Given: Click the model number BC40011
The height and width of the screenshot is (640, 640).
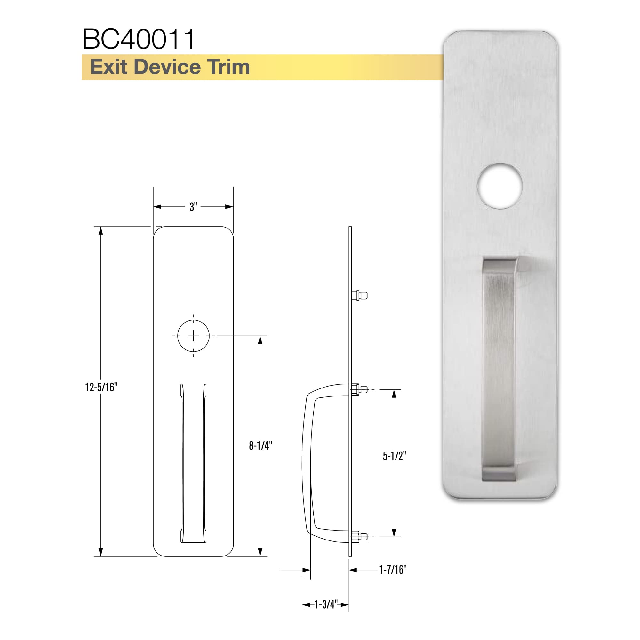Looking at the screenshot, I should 139,39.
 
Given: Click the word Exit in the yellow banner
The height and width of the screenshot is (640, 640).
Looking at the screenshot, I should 109,67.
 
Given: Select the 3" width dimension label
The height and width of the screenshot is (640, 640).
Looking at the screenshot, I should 193,207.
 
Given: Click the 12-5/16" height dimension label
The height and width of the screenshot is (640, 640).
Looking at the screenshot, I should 101,387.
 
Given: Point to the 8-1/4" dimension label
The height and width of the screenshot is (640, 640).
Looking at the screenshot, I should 261,445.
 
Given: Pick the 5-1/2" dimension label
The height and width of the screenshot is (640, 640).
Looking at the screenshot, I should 394,456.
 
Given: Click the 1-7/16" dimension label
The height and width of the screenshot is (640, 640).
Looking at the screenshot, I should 393,570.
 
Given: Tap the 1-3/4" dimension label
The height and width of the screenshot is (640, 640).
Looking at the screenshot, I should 326,604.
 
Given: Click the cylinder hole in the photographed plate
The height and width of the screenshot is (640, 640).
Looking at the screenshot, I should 500,186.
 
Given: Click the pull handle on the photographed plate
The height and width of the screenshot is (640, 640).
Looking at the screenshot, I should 499,368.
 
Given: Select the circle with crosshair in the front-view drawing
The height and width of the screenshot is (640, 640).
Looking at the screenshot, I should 194,336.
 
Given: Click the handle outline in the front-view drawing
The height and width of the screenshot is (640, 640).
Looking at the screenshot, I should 194,464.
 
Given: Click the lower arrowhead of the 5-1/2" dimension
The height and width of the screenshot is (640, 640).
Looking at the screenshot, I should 394,532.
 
